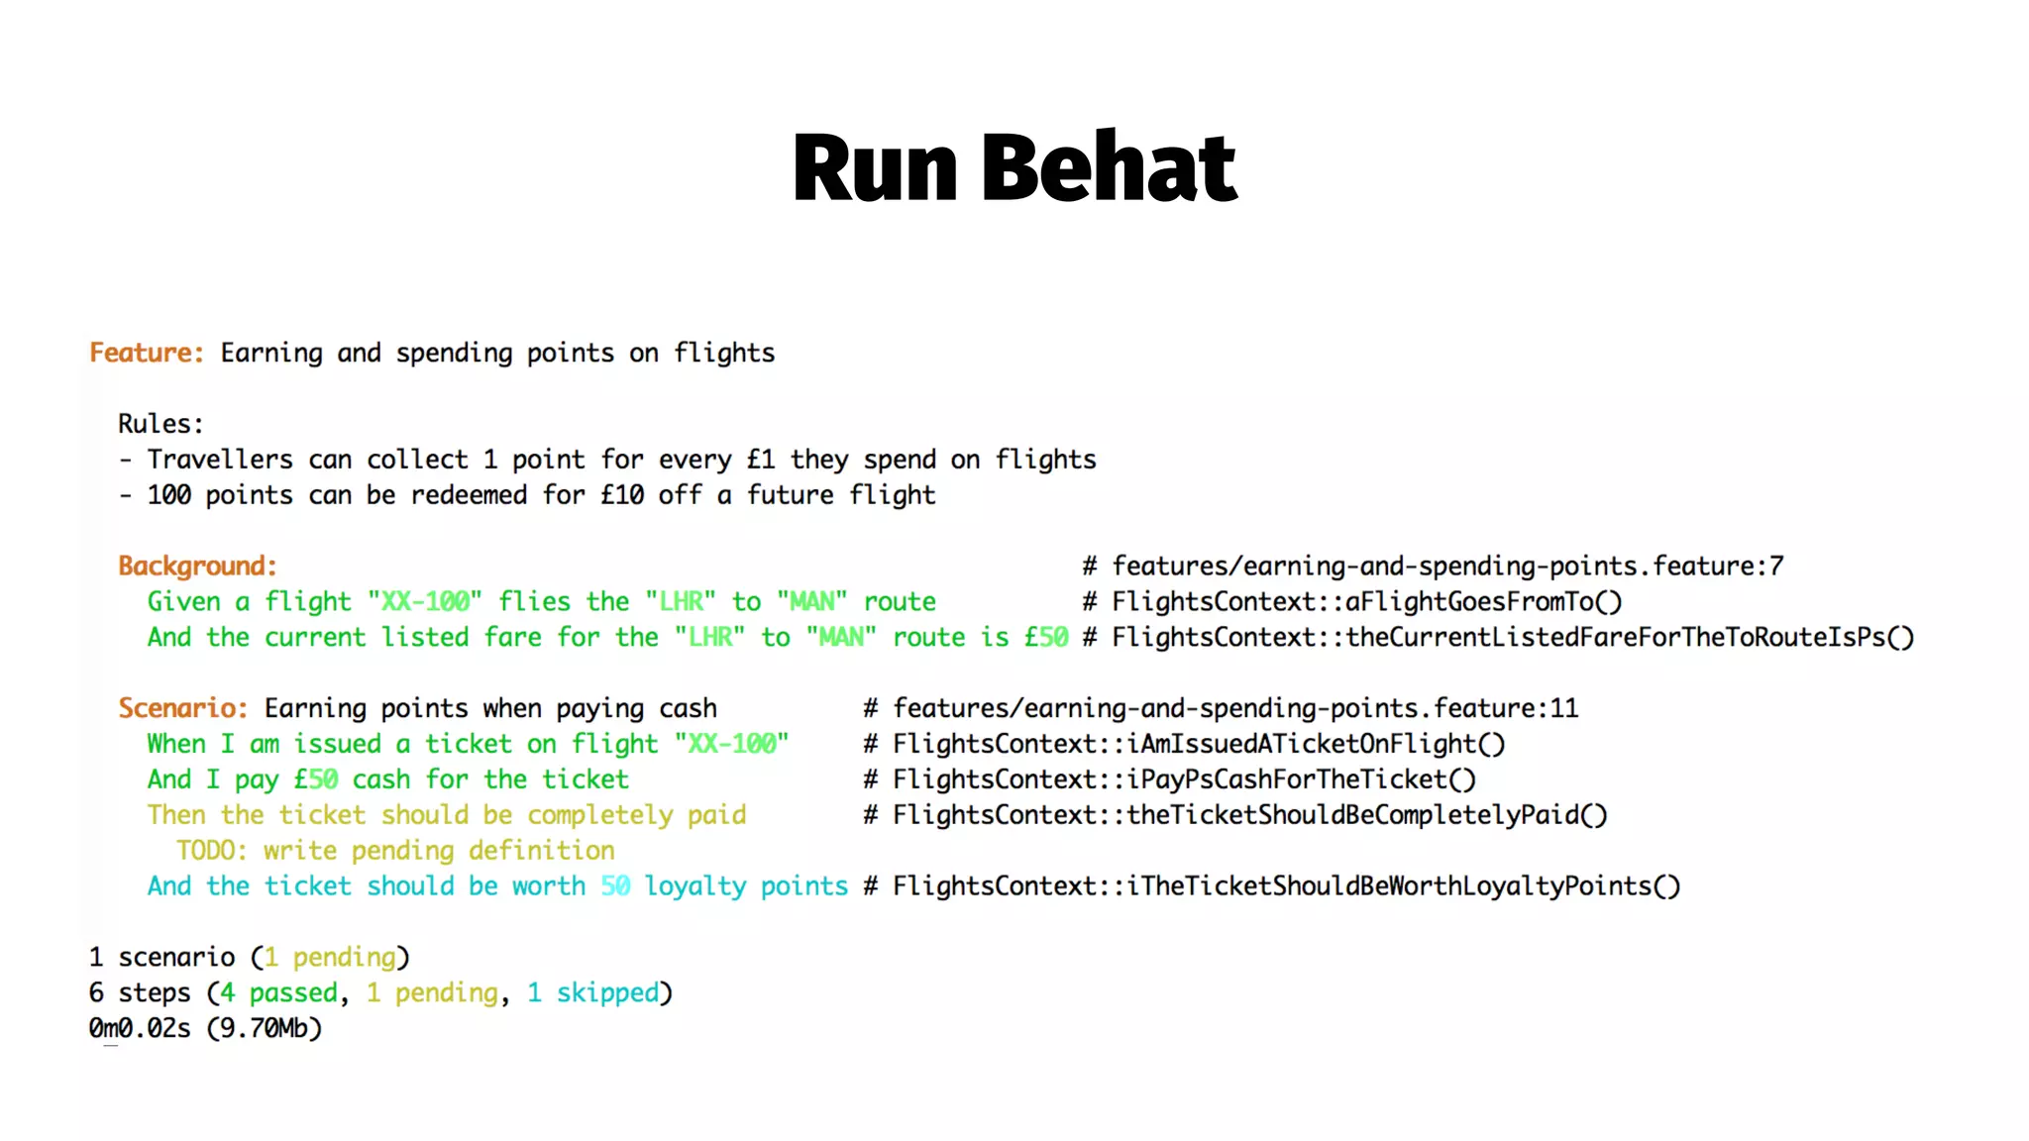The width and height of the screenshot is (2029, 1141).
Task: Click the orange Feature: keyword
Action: tap(147, 353)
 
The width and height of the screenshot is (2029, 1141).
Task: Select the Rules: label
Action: tap(160, 424)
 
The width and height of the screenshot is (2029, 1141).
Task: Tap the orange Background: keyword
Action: tap(197, 566)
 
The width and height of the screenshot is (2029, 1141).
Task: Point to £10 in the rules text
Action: tap(622, 495)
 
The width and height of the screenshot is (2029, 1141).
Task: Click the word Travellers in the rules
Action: tap(220, 460)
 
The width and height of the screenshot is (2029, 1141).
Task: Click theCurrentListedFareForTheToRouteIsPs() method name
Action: tap(1629, 637)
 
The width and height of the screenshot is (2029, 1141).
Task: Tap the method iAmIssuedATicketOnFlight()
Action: tap(1316, 744)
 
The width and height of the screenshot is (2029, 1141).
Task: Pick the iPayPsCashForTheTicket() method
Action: tap(1301, 779)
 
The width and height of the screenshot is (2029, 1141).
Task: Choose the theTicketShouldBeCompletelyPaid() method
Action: tap(1366, 815)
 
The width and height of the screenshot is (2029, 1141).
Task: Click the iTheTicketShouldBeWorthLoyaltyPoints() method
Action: tap(1403, 886)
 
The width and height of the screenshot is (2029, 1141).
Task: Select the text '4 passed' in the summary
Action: tap(278, 992)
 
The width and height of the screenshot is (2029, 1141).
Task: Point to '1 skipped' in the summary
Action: tap(592, 992)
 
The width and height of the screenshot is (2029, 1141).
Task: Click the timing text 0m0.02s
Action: tap(140, 1028)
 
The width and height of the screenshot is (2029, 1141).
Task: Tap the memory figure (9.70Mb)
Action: tap(265, 1028)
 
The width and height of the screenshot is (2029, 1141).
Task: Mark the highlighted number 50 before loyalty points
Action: tap(614, 886)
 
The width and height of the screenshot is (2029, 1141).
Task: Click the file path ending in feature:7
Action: tap(1446, 566)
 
